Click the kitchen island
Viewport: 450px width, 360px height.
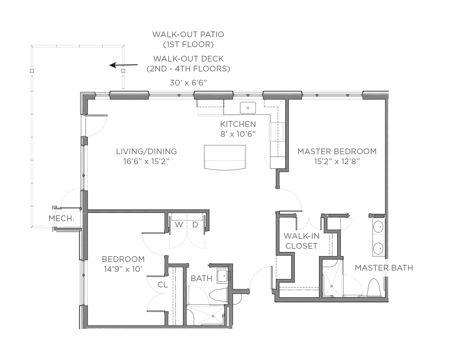[x=225, y=157]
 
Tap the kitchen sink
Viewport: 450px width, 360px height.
[x=248, y=108]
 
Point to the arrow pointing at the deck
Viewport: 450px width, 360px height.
[x=123, y=65]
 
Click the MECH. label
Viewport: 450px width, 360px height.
[x=61, y=218]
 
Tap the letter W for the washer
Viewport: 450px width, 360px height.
[x=179, y=225]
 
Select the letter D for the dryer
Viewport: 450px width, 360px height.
[x=195, y=225]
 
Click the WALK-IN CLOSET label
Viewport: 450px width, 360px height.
[x=301, y=241]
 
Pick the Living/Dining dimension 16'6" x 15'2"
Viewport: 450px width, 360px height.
[x=146, y=161]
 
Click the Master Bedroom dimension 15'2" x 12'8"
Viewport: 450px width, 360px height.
[x=337, y=161]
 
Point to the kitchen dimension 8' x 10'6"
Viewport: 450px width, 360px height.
[x=238, y=134]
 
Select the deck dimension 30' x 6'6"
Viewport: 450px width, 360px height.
[x=188, y=82]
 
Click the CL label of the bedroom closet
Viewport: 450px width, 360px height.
[x=163, y=285]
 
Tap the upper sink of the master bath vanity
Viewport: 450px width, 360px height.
[x=378, y=226]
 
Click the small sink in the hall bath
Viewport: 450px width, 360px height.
[x=222, y=276]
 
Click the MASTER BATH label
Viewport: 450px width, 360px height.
[x=384, y=268]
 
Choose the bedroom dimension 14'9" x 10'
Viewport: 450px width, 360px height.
[x=123, y=269]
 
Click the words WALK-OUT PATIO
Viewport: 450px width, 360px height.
[x=188, y=34]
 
